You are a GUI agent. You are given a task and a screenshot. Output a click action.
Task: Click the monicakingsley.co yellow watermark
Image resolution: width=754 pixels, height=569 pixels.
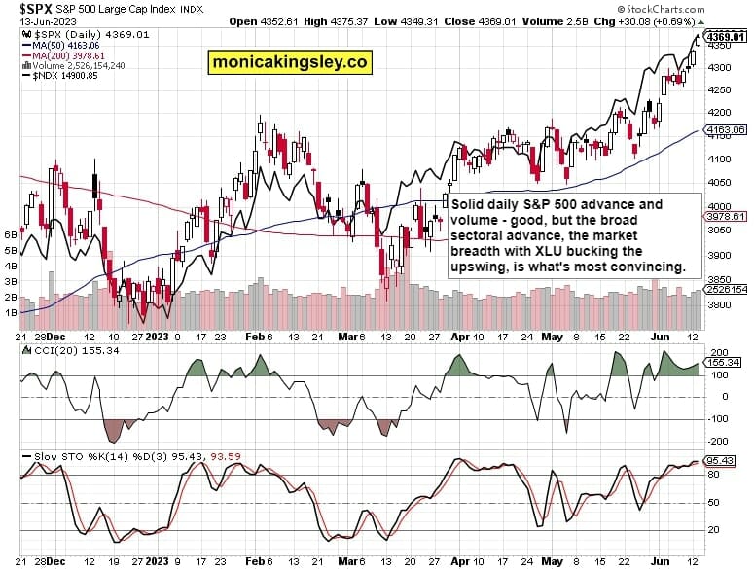tap(290, 62)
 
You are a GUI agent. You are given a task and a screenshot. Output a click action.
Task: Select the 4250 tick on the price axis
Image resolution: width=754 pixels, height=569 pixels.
tap(721, 89)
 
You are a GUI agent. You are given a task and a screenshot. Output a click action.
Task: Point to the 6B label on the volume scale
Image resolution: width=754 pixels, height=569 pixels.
tap(12, 234)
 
